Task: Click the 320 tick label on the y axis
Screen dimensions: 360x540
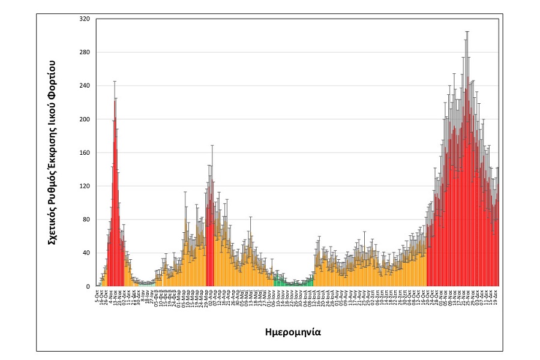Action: pos(84,19)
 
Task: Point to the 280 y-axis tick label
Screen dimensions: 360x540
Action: pos(84,52)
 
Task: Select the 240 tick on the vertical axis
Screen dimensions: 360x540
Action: pos(84,86)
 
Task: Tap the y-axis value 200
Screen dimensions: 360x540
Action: pos(84,119)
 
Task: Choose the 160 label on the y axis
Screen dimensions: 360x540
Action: pos(84,152)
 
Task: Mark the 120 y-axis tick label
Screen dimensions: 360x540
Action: pos(84,186)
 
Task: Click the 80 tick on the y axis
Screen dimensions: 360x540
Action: pos(86,220)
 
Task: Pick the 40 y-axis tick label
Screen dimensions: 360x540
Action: pos(86,253)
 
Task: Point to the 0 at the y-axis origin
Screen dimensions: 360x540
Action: pos(88,286)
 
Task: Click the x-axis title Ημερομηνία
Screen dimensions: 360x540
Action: pos(296,331)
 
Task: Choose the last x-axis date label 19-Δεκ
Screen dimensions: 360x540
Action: pos(496,296)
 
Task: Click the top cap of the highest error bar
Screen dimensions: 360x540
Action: pos(467,31)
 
